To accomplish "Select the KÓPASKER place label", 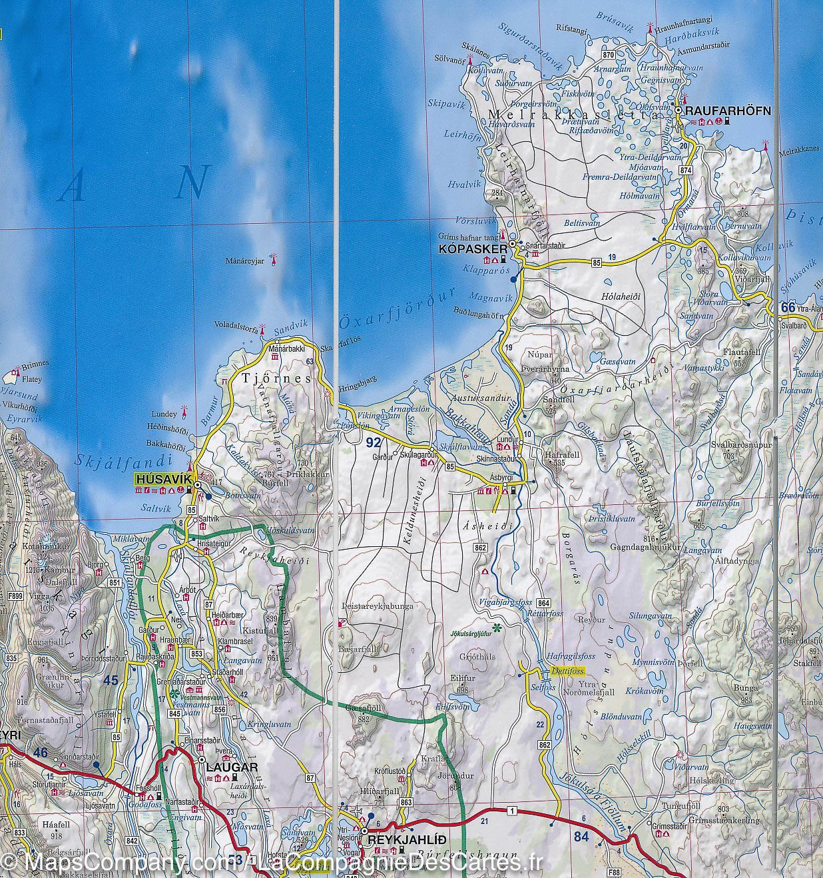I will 469,249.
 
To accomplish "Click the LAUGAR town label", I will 232,767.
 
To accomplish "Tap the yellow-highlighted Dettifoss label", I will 567,671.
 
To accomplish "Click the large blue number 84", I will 581,836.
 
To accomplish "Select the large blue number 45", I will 111,680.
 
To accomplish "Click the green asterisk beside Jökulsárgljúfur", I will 496,628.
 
